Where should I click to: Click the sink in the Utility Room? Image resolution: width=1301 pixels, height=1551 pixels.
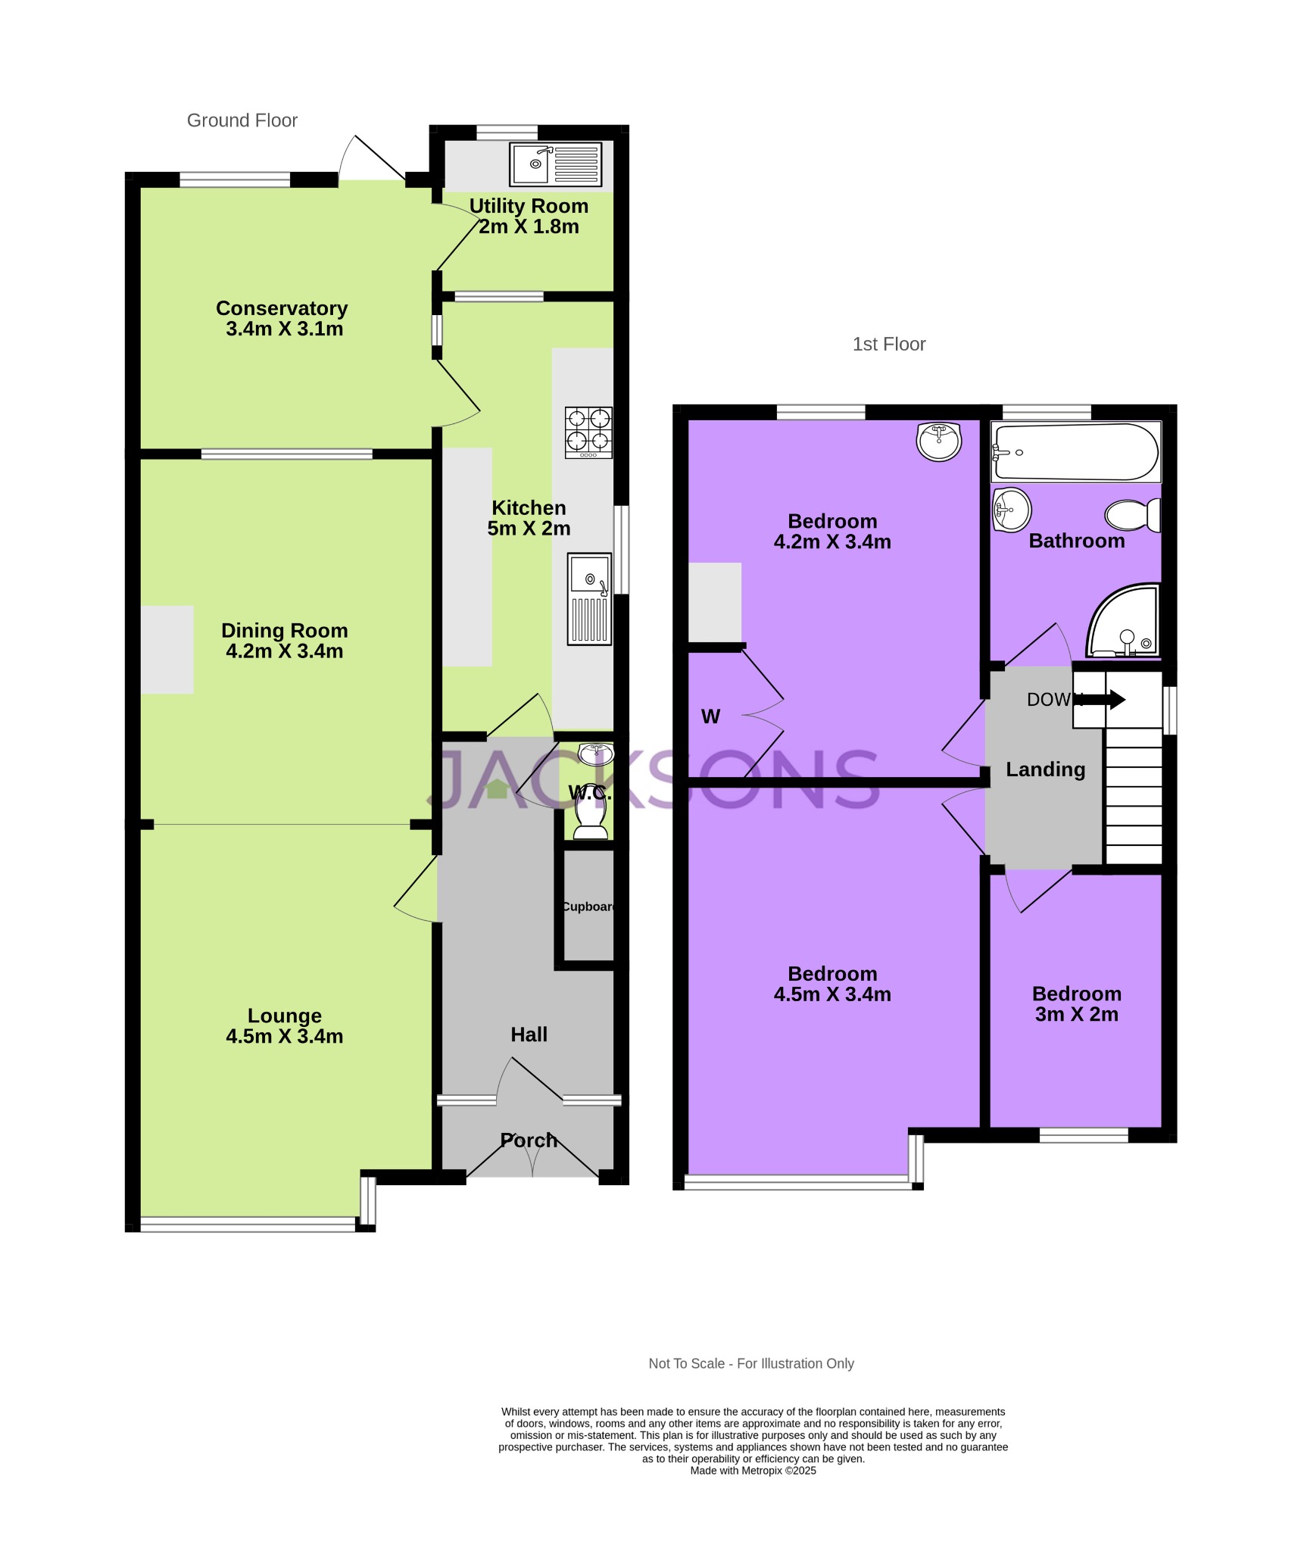[x=555, y=164]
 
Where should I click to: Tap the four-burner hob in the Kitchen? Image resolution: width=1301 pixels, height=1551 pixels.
[x=588, y=432]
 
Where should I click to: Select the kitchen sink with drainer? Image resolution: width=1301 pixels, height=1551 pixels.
[x=589, y=598]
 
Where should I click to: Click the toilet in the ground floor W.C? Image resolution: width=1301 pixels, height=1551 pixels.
[x=591, y=819]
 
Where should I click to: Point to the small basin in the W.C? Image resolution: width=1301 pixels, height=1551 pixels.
[x=595, y=754]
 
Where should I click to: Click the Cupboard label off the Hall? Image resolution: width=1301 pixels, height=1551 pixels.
[x=588, y=907]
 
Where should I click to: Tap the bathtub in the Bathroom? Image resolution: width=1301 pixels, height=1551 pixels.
[x=1075, y=452]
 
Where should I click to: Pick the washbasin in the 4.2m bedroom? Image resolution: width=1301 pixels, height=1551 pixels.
[x=939, y=441]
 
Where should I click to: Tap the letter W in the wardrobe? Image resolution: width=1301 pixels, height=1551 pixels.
[x=710, y=716]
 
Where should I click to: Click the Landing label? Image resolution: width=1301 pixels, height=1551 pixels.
[x=1045, y=769]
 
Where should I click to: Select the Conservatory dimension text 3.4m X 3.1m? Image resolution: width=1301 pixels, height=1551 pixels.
[x=284, y=329]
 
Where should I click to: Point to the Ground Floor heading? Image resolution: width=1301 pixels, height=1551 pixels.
[x=242, y=120]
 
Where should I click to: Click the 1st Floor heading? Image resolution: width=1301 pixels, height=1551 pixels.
[x=888, y=344]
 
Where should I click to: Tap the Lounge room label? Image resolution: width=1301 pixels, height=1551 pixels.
[x=284, y=1016]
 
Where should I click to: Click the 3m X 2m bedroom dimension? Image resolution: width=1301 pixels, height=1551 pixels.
[x=1076, y=1014]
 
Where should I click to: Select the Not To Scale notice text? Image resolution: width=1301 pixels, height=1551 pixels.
[x=750, y=1363]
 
